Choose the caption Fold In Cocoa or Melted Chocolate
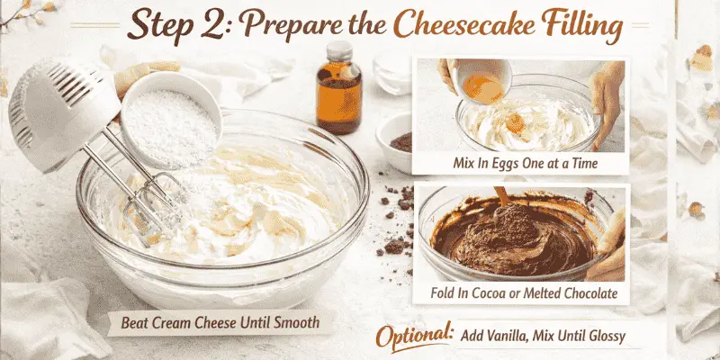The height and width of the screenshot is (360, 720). (521, 294)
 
